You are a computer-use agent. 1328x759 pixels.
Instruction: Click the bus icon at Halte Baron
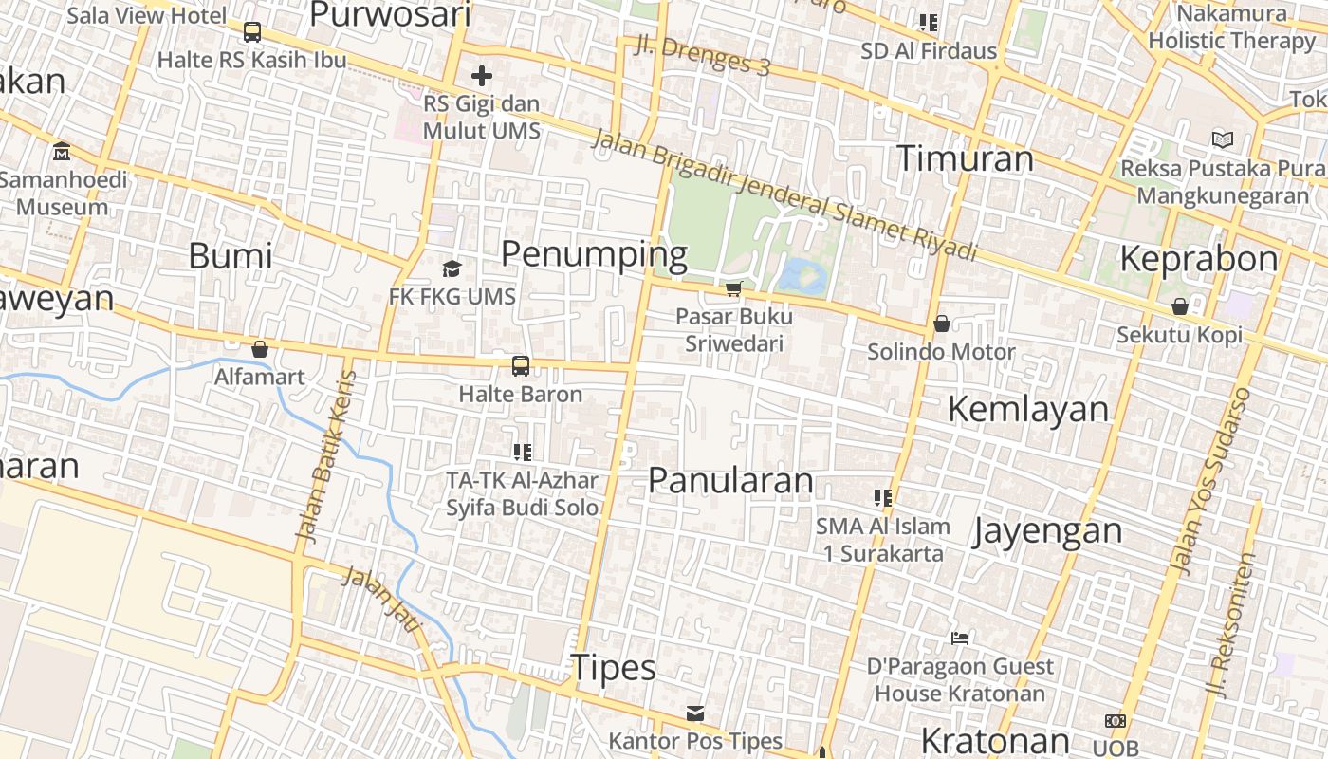(x=521, y=366)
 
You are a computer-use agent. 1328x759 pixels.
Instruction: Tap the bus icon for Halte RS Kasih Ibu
(x=252, y=32)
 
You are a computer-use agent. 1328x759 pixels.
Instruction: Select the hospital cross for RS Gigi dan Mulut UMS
(x=482, y=76)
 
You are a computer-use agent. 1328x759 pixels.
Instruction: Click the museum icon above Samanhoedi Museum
(x=62, y=152)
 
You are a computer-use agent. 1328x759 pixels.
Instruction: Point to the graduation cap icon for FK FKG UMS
(x=452, y=269)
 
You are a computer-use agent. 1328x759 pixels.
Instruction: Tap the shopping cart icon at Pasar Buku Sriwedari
(x=733, y=288)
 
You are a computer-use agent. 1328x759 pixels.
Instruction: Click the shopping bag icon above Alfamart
(x=259, y=349)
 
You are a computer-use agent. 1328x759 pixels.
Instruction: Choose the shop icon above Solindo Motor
(x=942, y=324)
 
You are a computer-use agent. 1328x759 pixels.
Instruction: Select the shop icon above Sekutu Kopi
(x=1180, y=306)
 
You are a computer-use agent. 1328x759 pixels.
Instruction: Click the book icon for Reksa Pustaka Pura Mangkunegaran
(x=1223, y=140)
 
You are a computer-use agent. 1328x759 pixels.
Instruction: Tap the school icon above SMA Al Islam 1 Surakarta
(x=883, y=497)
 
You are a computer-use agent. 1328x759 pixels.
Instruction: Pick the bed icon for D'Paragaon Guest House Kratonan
(x=960, y=639)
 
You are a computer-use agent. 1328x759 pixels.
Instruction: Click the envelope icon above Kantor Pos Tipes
(x=695, y=713)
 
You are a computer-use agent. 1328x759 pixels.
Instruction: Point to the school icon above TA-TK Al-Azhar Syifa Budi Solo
(x=522, y=453)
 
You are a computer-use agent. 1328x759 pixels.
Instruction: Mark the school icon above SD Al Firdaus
(x=929, y=23)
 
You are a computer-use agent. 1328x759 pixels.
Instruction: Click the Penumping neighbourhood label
(x=594, y=254)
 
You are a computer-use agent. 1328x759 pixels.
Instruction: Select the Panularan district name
(x=730, y=480)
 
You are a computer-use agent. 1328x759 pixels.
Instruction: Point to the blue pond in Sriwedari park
(x=802, y=276)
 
